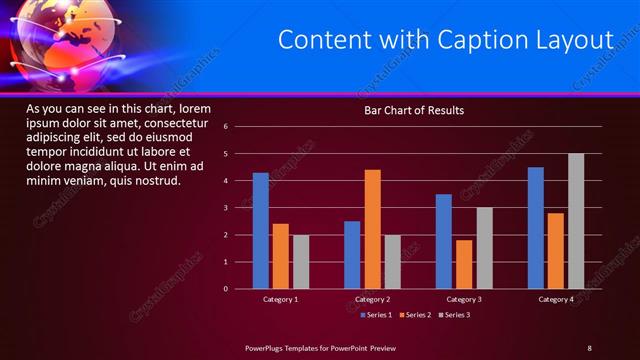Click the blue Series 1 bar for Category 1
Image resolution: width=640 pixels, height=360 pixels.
point(261,231)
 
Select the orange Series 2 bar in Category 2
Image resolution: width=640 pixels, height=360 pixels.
point(372,229)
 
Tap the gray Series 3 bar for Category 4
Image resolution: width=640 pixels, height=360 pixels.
point(576,221)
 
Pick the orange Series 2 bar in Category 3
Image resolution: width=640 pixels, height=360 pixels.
point(463,264)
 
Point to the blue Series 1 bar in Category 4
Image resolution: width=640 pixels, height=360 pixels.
point(536,228)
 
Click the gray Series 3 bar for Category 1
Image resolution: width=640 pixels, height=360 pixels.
point(301,262)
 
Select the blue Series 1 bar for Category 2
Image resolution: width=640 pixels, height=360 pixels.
point(352,255)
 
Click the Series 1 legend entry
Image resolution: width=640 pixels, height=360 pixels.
point(375,315)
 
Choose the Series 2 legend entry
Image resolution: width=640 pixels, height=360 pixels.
point(415,315)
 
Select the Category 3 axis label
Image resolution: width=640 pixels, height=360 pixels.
point(463,299)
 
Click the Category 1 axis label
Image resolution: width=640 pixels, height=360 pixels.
point(281,299)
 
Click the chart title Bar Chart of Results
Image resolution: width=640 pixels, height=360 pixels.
point(414,110)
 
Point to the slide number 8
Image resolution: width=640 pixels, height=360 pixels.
point(589,347)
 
